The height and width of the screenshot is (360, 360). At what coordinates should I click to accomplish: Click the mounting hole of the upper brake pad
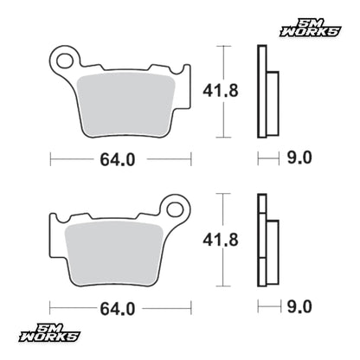tap(65, 61)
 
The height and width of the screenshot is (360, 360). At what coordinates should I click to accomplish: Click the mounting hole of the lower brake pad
tap(175, 209)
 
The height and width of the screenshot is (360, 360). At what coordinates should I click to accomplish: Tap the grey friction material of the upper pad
tap(126, 103)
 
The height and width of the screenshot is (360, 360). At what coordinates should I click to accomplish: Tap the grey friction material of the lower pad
tap(114, 253)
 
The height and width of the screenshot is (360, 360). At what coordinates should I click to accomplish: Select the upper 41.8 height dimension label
tap(221, 91)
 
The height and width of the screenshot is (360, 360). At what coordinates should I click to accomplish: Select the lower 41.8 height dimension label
tap(221, 240)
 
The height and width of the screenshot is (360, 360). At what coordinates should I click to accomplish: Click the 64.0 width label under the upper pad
tap(118, 159)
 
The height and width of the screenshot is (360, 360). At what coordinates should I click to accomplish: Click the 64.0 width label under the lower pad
tap(118, 309)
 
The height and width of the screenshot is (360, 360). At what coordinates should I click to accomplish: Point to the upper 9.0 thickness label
tap(299, 157)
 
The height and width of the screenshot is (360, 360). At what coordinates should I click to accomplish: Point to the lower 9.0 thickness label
tap(299, 306)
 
